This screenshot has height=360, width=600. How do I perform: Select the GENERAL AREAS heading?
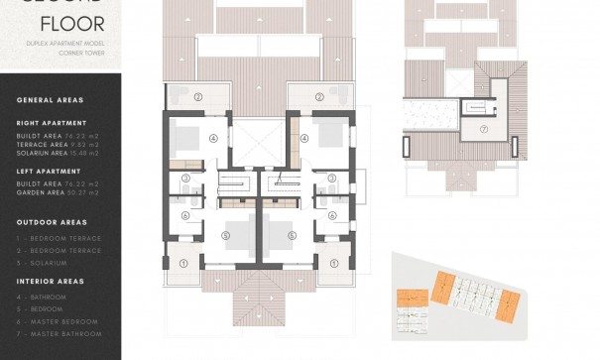coord(50,100)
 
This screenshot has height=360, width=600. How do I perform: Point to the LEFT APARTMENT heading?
coord(46,171)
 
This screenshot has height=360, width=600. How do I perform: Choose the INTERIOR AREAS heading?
coord(51,281)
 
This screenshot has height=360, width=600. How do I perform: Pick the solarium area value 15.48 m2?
coord(86,152)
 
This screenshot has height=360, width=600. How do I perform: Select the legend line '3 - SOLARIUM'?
coord(43,262)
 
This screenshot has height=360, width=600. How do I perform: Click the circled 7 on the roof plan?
coord(484,129)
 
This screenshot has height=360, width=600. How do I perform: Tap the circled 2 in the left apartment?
coord(197,96)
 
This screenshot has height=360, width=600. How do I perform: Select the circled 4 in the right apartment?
coord(305,139)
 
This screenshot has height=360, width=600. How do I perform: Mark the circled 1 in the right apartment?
coord(334,264)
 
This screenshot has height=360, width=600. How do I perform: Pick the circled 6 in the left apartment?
coord(185,215)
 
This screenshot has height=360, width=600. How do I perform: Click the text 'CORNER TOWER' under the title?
coord(82,56)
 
